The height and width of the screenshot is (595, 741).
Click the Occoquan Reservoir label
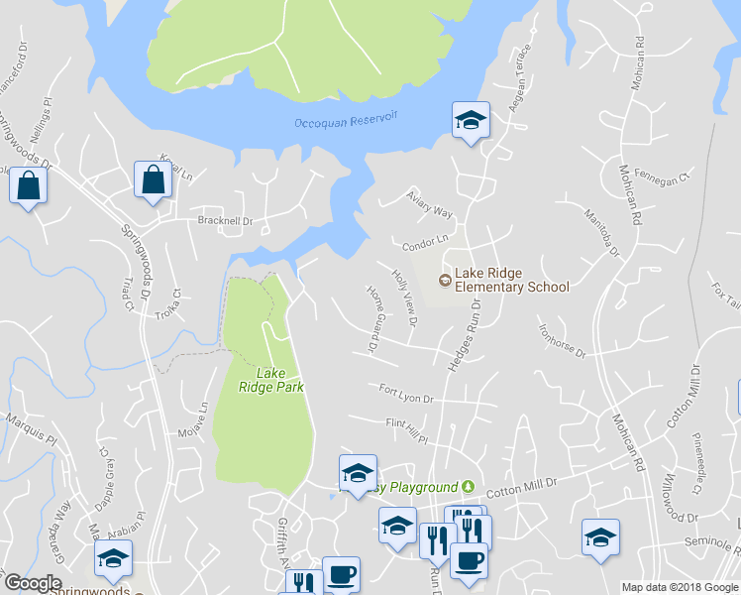tap(346, 121)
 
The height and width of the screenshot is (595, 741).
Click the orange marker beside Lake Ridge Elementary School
tap(445, 281)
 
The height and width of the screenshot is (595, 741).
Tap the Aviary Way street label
tap(429, 206)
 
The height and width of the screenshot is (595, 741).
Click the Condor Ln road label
tap(425, 241)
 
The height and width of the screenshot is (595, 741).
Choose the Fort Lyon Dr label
tap(406, 396)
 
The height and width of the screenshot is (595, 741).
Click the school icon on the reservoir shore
tap(471, 121)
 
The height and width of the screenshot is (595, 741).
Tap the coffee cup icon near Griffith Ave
tap(341, 575)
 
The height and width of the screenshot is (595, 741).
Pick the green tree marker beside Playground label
tap(469, 488)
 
